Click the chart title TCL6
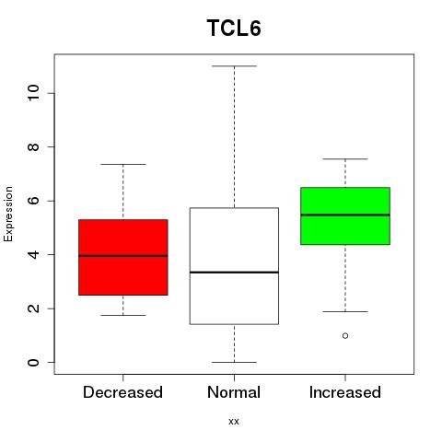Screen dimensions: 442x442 click(x=234, y=28)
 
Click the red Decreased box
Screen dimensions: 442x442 click(x=123, y=257)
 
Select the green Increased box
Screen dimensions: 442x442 click(x=345, y=215)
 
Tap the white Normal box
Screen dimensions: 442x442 click(x=234, y=266)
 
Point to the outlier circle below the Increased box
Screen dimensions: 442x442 click(x=345, y=336)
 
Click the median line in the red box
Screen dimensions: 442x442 click(x=123, y=255)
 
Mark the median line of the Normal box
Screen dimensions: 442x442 click(x=234, y=273)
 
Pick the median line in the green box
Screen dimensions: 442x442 click(x=345, y=215)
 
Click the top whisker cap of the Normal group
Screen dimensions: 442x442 click(x=234, y=66)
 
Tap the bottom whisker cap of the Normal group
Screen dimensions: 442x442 click(x=234, y=362)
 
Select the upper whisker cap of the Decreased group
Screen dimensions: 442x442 click(x=123, y=164)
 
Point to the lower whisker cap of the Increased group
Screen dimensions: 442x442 click(x=345, y=311)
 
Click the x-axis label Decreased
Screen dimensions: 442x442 click(x=122, y=392)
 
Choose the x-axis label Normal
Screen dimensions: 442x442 click(x=234, y=392)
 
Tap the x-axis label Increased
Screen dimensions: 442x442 click(x=345, y=392)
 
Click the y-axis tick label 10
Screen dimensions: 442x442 click(x=33, y=93)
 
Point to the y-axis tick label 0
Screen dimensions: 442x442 click(x=33, y=363)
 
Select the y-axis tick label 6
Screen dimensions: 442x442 click(x=33, y=201)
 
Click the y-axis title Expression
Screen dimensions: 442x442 click(x=8, y=214)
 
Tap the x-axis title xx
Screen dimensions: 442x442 click(x=234, y=422)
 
